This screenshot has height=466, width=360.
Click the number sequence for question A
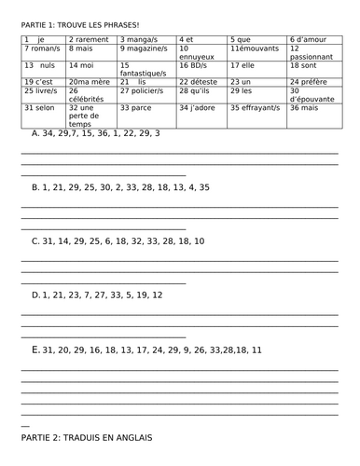102,133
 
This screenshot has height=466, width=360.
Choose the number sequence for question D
103,295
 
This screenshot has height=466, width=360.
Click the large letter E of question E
35,349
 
